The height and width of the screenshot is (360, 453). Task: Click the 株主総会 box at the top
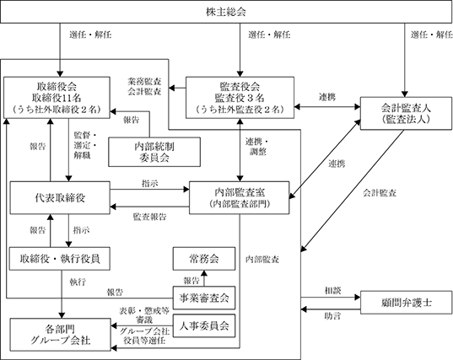click(226, 12)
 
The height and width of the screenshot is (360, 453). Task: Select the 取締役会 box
click(57, 98)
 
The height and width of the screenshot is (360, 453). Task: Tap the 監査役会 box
click(240, 98)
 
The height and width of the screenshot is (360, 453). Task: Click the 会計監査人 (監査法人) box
click(406, 113)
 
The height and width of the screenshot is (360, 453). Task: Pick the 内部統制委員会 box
click(154, 152)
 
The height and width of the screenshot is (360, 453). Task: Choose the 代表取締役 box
click(60, 198)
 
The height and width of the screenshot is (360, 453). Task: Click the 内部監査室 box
click(240, 198)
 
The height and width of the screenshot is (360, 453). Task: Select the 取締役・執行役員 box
click(60, 259)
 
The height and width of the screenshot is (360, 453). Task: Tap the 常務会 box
click(204, 259)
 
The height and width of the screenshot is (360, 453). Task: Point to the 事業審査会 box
click(204, 298)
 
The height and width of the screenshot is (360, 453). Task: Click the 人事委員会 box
click(204, 325)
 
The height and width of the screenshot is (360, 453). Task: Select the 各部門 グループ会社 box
click(61, 335)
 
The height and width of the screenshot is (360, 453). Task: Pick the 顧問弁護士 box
click(407, 303)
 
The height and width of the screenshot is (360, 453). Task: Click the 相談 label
click(333, 291)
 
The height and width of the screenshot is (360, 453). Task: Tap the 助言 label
click(332, 316)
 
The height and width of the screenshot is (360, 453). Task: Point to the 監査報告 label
click(149, 217)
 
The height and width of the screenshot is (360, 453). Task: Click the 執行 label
click(78, 282)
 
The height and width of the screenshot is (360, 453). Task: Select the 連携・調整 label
click(257, 147)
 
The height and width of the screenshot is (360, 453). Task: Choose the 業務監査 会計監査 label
click(144, 86)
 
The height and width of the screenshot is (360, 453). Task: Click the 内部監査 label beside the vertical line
click(262, 259)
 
